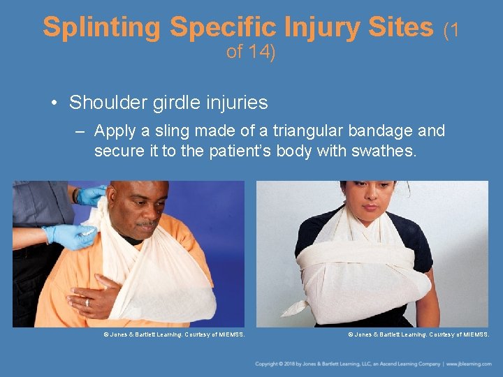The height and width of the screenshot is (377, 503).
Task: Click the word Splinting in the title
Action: point(102,27)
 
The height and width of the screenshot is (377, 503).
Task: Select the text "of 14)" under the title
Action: point(251,52)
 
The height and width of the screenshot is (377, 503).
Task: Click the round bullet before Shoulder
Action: point(54,103)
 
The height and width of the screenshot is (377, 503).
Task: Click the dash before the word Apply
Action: point(82,131)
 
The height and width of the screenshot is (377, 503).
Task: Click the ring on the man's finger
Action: point(87,302)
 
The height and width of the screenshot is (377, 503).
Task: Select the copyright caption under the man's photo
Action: point(174,335)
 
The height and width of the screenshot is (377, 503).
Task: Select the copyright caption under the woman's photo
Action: point(418,335)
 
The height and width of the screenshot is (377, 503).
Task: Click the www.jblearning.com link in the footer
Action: point(471,364)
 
